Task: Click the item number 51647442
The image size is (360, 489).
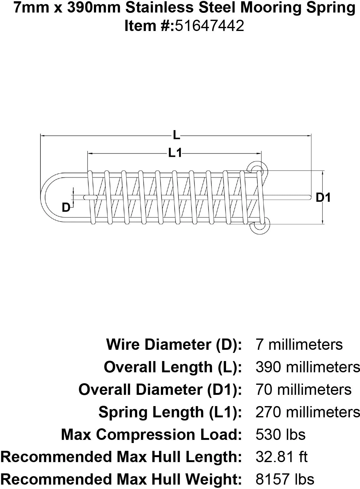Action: [209, 26]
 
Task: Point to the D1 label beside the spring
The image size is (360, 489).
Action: [323, 197]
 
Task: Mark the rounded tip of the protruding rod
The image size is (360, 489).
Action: [309, 197]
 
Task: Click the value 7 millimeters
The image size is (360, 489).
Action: [299, 344]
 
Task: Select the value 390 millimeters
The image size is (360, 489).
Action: [308, 367]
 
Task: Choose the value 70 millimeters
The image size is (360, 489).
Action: [303, 390]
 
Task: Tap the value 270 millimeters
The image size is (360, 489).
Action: [308, 412]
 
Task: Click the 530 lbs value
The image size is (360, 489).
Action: [280, 435]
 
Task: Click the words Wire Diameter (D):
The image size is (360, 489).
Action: [174, 344]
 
